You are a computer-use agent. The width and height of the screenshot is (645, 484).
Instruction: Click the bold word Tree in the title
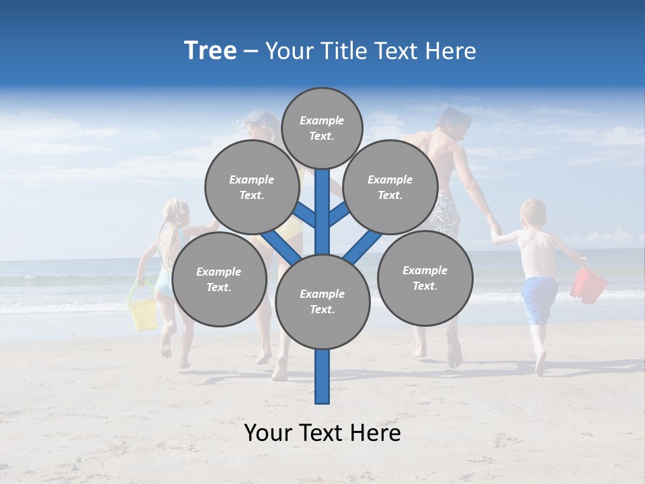point(210,51)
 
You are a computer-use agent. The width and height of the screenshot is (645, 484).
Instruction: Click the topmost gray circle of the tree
point(322,128)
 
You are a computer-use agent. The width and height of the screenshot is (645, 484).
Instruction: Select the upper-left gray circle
point(252,188)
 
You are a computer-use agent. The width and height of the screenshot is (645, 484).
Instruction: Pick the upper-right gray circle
point(390,188)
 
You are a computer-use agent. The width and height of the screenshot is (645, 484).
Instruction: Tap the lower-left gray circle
point(219,280)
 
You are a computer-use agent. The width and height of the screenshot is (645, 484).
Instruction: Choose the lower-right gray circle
point(425,278)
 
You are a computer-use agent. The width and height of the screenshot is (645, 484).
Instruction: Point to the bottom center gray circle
point(322,302)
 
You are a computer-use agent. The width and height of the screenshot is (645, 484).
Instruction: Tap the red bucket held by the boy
point(588,284)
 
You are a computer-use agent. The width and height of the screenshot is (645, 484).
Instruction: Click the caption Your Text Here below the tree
point(322,433)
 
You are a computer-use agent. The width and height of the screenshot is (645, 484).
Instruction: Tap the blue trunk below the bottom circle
point(322,376)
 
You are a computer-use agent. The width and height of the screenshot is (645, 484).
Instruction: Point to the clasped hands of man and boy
point(495,230)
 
